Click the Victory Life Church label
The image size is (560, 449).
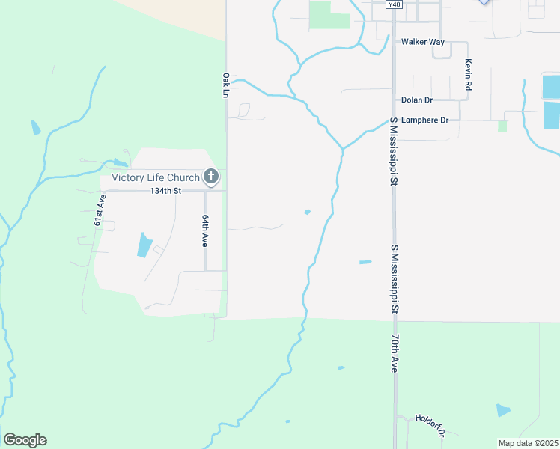[x=156, y=177]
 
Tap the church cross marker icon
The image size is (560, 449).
[x=212, y=177]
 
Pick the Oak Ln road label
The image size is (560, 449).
[x=225, y=85]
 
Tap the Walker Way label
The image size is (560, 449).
[x=422, y=42]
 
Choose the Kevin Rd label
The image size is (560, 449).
[x=468, y=75]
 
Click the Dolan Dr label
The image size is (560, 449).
[x=417, y=100]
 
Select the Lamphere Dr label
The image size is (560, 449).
[x=424, y=120]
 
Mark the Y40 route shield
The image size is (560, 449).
[x=395, y=4]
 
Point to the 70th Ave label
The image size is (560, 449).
[x=393, y=354]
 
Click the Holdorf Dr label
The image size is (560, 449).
[x=432, y=425]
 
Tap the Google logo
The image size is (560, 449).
[x=25, y=440]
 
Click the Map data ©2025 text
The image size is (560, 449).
[x=528, y=443]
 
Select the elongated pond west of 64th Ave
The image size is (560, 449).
[x=144, y=245]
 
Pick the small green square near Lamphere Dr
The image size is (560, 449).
[x=502, y=126]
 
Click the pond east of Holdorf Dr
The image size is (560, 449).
[x=502, y=410]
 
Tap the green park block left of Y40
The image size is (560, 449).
[x=329, y=15]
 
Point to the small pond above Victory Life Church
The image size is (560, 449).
[x=120, y=163]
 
